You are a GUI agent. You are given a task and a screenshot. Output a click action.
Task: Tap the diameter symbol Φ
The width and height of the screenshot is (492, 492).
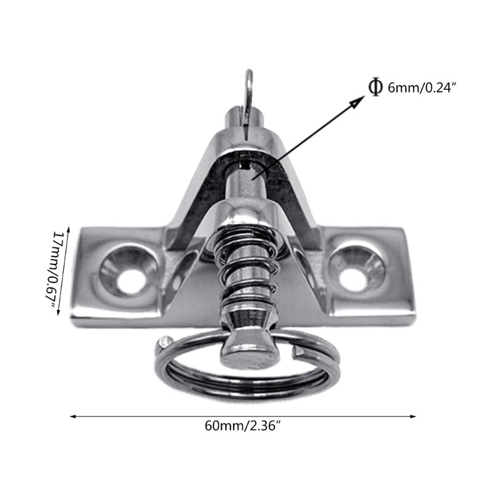tap(374, 87)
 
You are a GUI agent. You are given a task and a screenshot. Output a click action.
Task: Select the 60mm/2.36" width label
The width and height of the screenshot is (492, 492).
tap(245, 426)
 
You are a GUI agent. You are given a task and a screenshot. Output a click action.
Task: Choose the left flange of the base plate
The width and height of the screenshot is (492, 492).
tap(117, 277)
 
